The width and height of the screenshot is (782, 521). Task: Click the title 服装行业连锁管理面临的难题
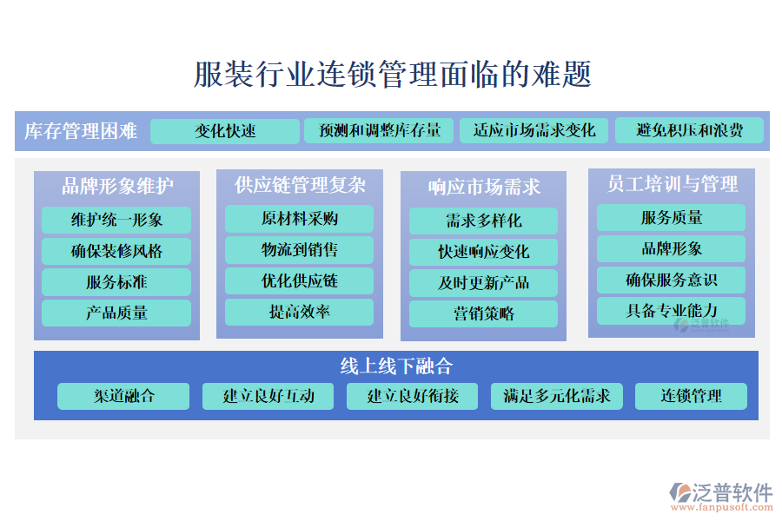tap(392, 75)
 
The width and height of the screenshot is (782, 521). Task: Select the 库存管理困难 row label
tap(81, 131)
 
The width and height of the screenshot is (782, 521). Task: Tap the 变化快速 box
tap(225, 131)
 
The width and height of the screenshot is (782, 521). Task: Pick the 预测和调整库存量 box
tap(374, 131)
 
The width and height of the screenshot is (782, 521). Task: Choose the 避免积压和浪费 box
tap(689, 131)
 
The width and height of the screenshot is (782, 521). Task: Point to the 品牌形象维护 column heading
tap(117, 186)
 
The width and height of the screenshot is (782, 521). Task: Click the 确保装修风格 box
tap(116, 252)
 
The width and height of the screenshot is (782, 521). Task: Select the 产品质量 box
tap(116, 313)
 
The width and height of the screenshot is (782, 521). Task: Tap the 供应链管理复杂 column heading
tap(300, 185)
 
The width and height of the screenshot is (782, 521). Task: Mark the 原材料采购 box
tap(300, 219)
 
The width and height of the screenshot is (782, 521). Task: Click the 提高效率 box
tap(300, 312)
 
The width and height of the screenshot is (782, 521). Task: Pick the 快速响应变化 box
tap(483, 253)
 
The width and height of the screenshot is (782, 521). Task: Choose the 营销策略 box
tap(483, 313)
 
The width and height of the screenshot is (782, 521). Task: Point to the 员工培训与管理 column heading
tap(672, 184)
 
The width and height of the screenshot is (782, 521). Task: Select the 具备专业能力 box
tap(672, 310)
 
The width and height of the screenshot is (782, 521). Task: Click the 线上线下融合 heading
tap(396, 366)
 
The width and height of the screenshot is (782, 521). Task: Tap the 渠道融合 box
tap(123, 396)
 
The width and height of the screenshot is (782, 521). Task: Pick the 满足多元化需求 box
tap(557, 396)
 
